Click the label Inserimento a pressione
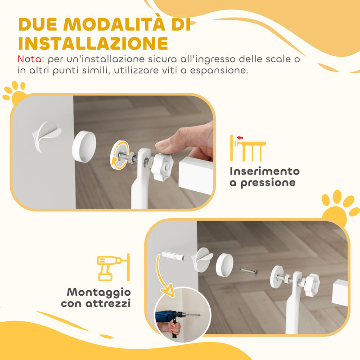click(x=264, y=177)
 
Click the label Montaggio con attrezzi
click(x=95, y=297)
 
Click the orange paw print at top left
click(x=14, y=92)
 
